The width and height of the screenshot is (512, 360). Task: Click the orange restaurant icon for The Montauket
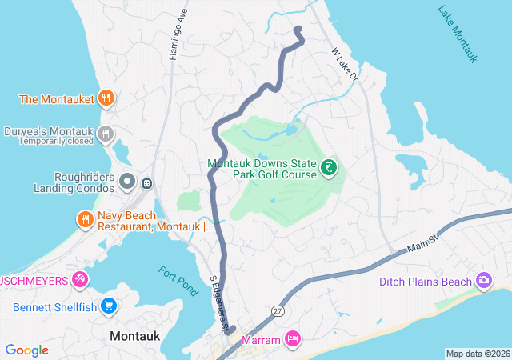(x=106, y=99)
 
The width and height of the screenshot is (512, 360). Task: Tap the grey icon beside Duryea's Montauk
(x=106, y=134)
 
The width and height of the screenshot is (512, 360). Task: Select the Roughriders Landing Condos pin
(x=126, y=182)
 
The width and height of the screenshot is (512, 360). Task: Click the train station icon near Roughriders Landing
(x=146, y=183)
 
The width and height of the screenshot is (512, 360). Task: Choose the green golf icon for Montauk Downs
(x=327, y=168)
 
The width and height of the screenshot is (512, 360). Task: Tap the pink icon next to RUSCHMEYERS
(x=80, y=279)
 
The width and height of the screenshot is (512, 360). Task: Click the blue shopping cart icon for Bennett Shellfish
(x=110, y=306)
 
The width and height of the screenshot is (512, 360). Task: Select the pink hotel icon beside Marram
(x=293, y=340)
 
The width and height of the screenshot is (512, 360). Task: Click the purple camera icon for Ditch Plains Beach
(x=483, y=281)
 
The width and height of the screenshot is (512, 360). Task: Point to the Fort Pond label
(x=178, y=281)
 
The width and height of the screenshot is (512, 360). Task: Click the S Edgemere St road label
(x=219, y=304)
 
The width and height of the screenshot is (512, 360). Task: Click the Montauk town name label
(x=138, y=336)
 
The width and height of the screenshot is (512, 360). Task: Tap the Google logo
(x=27, y=350)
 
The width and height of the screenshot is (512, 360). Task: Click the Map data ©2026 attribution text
(x=477, y=354)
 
